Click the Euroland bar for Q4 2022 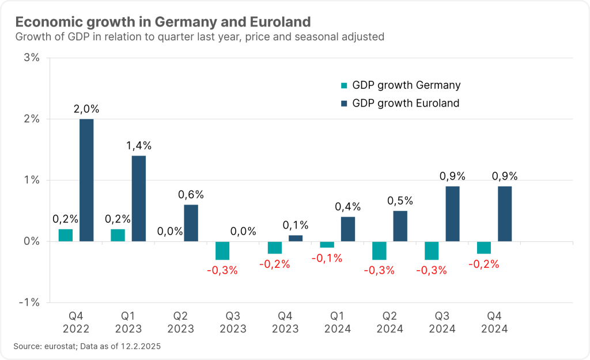[86, 180]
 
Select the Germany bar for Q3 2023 [222, 251]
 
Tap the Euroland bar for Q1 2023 [139, 198]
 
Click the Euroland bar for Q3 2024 [452, 214]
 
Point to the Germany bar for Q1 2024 [327, 244]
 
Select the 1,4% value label [139, 146]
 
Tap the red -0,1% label [327, 259]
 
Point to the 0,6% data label [191, 195]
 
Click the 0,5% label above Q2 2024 [400, 201]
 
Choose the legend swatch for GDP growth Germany [344, 86]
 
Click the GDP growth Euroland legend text [406, 104]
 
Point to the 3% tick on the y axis [32, 58]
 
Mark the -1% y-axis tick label [30, 302]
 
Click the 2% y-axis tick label [32, 119]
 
